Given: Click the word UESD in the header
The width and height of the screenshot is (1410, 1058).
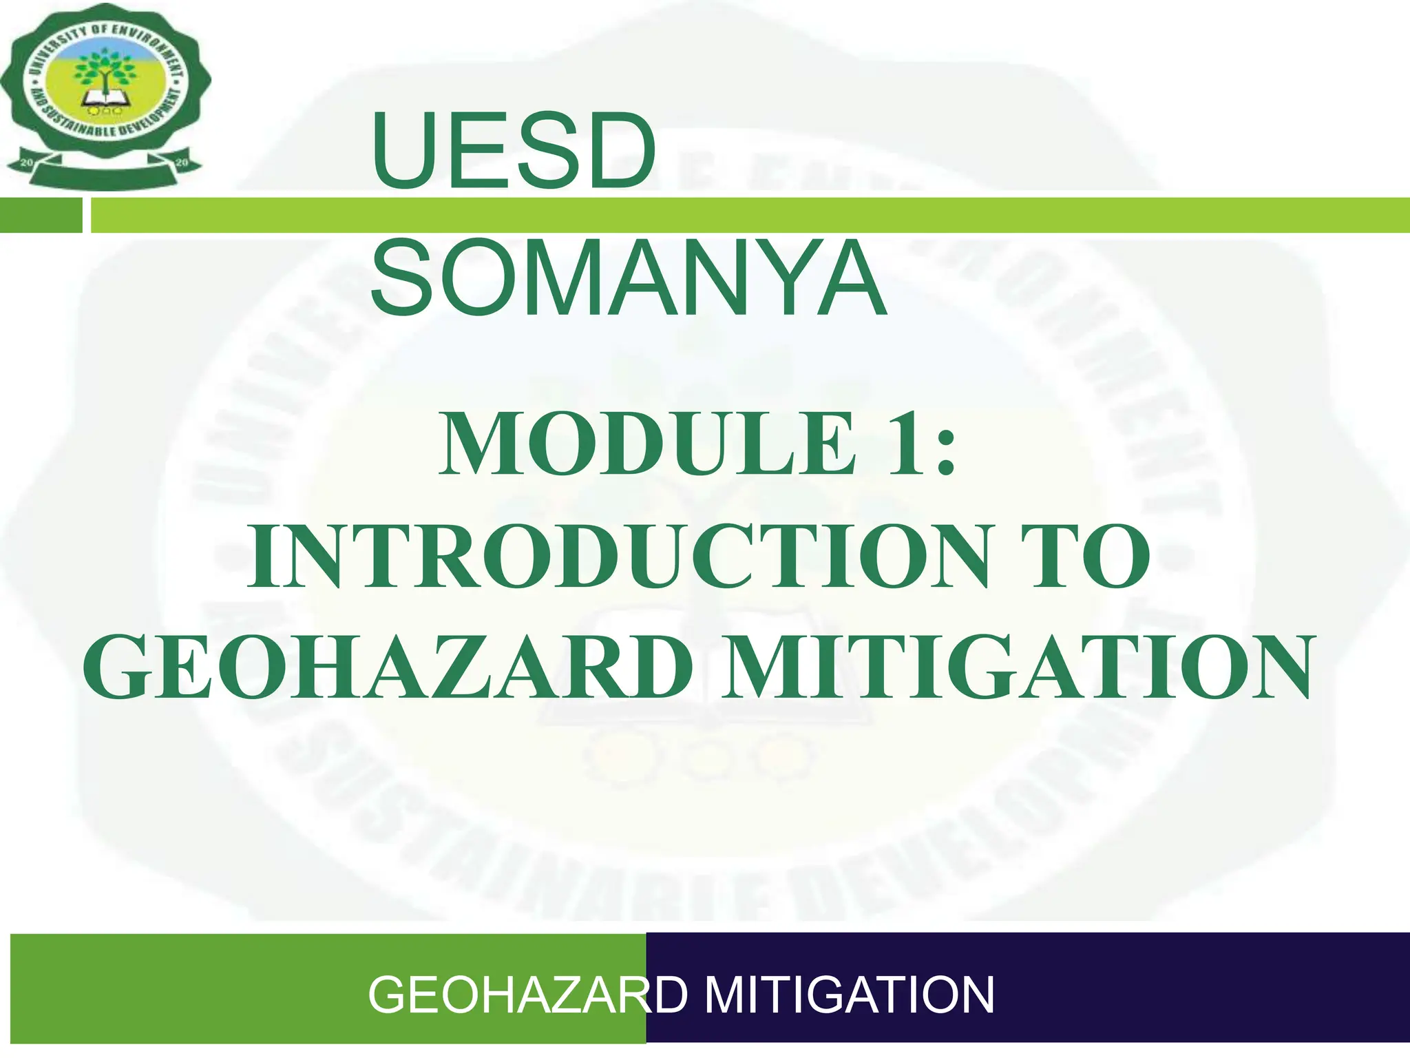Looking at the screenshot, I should click(513, 152).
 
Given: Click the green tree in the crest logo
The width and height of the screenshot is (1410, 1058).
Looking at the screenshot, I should click(105, 69).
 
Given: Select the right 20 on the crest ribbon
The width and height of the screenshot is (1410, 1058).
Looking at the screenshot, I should click(182, 163).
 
